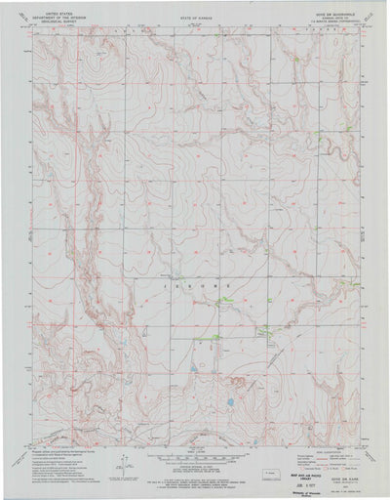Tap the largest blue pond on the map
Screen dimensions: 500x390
(229, 401)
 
